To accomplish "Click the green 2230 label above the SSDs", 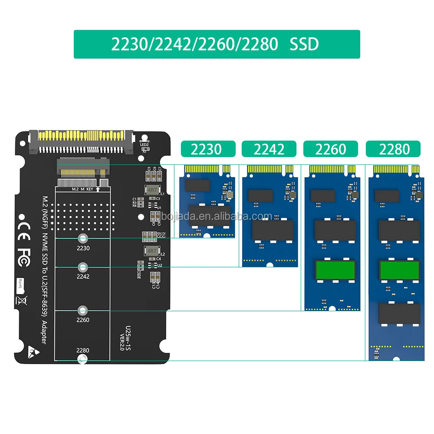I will pyautogui.click(x=208, y=149).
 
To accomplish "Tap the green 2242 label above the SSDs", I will pyautogui.click(x=269, y=149).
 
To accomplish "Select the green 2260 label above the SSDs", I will pyautogui.click(x=331, y=149).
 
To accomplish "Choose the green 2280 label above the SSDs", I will pyautogui.click(x=393, y=149).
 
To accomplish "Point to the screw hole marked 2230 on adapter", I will pyautogui.click(x=82, y=238).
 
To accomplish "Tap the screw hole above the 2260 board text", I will pyautogui.click(x=82, y=310).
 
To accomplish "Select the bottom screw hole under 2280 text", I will pyautogui.click(x=82, y=359).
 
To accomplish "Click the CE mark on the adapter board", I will pyautogui.click(x=23, y=226).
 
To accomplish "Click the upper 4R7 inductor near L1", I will pyautogui.click(x=152, y=190).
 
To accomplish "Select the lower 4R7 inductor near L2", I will pyautogui.click(x=151, y=251).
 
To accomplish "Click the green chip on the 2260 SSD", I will pyautogui.click(x=335, y=270).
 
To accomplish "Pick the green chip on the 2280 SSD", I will pyautogui.click(x=399, y=270).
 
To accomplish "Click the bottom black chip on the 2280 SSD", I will pyautogui.click(x=399, y=313).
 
